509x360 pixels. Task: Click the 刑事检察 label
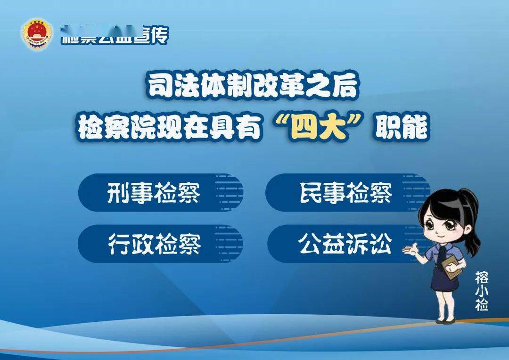click(154, 194)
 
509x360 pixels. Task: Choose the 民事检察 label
click(346, 193)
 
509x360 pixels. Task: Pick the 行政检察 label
click(154, 244)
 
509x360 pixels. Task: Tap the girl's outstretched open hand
click(408, 252)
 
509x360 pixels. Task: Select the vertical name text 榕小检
click(482, 291)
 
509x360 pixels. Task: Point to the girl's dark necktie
click(444, 257)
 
